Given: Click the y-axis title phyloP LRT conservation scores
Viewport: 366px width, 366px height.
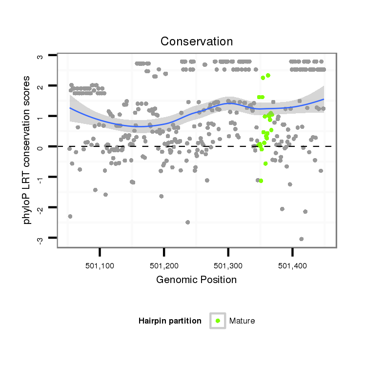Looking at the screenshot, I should tap(27, 149).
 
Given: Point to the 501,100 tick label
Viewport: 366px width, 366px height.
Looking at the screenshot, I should tap(100, 265).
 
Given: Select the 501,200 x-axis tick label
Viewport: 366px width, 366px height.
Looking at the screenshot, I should tap(164, 265).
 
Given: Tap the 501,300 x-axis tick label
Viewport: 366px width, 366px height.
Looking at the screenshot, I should tap(228, 265).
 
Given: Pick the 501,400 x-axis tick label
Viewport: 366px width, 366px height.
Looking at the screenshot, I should tap(292, 265).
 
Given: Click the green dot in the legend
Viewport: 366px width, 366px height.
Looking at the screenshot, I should tap(218, 321).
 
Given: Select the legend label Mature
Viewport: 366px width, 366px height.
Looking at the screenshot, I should tap(242, 321).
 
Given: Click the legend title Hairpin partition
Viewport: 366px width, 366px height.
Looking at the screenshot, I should tap(170, 321).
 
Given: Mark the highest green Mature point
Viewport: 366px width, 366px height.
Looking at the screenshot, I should tap(268, 75).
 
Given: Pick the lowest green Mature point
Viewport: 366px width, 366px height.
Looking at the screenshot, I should tap(261, 181).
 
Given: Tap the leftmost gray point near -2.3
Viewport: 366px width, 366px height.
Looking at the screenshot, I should tap(70, 216).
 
